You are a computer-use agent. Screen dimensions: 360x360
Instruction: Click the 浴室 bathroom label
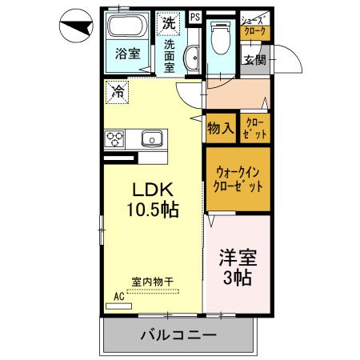[126, 55]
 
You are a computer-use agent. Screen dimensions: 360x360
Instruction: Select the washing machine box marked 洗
[169, 23]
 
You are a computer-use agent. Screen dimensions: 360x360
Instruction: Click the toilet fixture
[218, 35]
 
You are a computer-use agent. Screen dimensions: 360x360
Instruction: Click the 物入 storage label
[220, 127]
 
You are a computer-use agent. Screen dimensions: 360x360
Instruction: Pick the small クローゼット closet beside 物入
[257, 128]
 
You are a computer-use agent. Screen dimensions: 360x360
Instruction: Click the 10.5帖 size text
[152, 210]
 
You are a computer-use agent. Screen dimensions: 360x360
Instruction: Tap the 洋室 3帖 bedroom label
[236, 268]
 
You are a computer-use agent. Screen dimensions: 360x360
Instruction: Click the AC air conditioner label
[119, 296]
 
